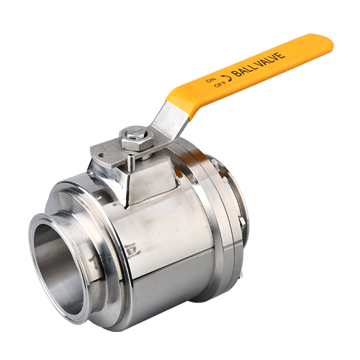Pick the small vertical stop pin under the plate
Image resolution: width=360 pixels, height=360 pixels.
[124, 167]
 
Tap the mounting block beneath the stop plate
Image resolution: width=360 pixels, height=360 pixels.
[148, 176]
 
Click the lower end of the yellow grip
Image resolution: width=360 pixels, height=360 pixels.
[176, 94]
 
